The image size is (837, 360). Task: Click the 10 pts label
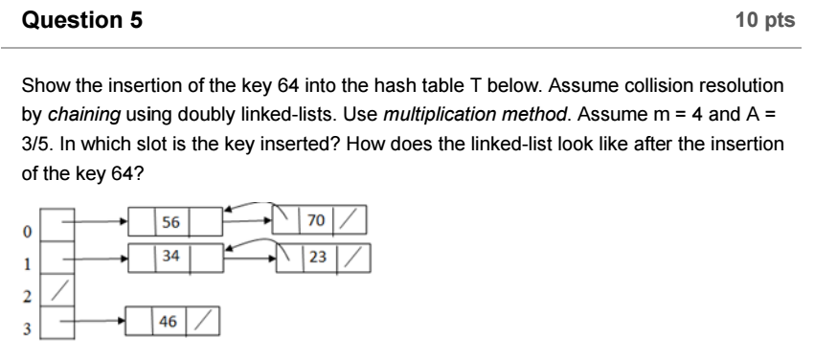pos(766,20)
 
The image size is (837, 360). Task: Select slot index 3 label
pos(28,326)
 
